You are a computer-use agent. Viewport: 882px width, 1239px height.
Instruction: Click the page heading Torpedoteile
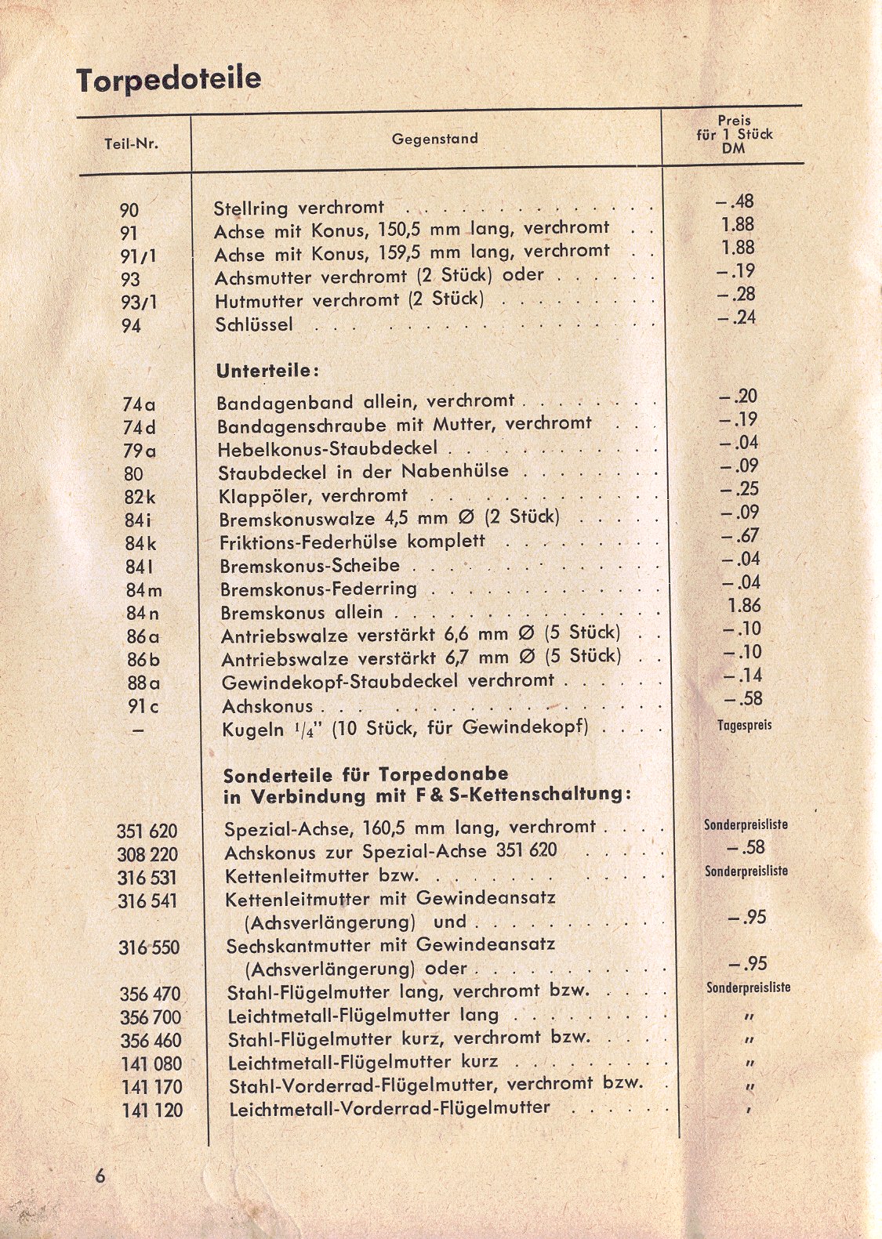(x=169, y=80)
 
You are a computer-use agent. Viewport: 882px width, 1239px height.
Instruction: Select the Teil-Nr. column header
(x=131, y=143)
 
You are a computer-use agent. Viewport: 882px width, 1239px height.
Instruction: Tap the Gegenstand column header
(x=434, y=139)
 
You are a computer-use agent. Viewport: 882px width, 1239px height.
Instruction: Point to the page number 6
(x=100, y=1176)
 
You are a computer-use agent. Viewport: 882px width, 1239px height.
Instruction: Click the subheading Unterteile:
(x=267, y=370)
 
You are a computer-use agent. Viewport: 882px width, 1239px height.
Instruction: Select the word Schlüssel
(x=253, y=324)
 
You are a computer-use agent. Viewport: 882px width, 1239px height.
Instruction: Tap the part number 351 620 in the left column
(x=147, y=831)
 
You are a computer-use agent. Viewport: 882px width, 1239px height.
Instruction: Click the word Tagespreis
(x=744, y=725)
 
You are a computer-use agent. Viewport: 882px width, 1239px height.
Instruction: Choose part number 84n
(x=142, y=613)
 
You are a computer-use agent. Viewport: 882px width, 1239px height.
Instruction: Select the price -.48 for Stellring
(x=735, y=201)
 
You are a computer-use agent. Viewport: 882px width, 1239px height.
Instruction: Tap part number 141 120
(x=152, y=1110)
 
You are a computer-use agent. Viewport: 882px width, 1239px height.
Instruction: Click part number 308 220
(x=147, y=854)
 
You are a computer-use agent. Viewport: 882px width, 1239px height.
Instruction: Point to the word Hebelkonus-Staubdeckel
(x=327, y=450)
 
